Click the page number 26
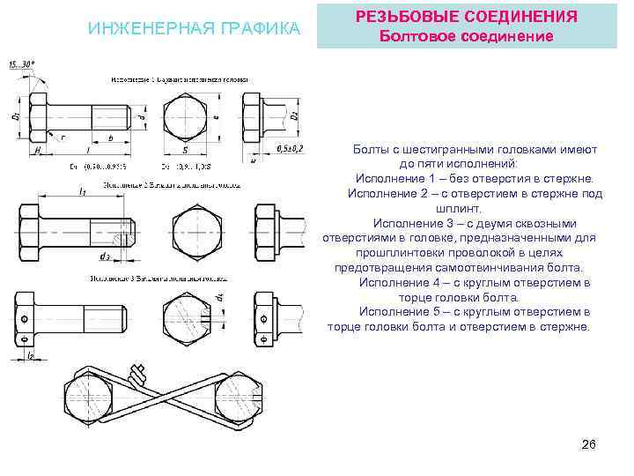(589, 444)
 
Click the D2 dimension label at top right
(294, 114)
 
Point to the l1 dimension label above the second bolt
(81, 190)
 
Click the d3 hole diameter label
(105, 257)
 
